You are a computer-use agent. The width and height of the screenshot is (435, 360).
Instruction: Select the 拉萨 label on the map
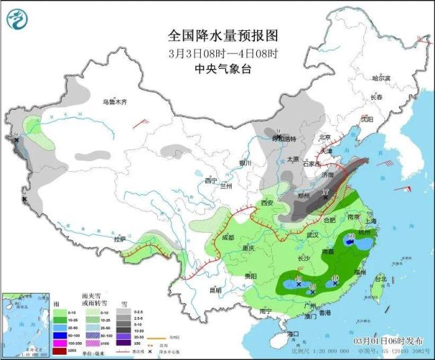tap(120, 238)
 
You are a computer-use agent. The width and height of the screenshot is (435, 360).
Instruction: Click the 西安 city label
tap(268, 203)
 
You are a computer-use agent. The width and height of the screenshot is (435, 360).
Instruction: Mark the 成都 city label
tap(226, 237)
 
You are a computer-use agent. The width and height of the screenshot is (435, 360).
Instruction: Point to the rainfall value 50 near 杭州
tap(349, 236)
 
